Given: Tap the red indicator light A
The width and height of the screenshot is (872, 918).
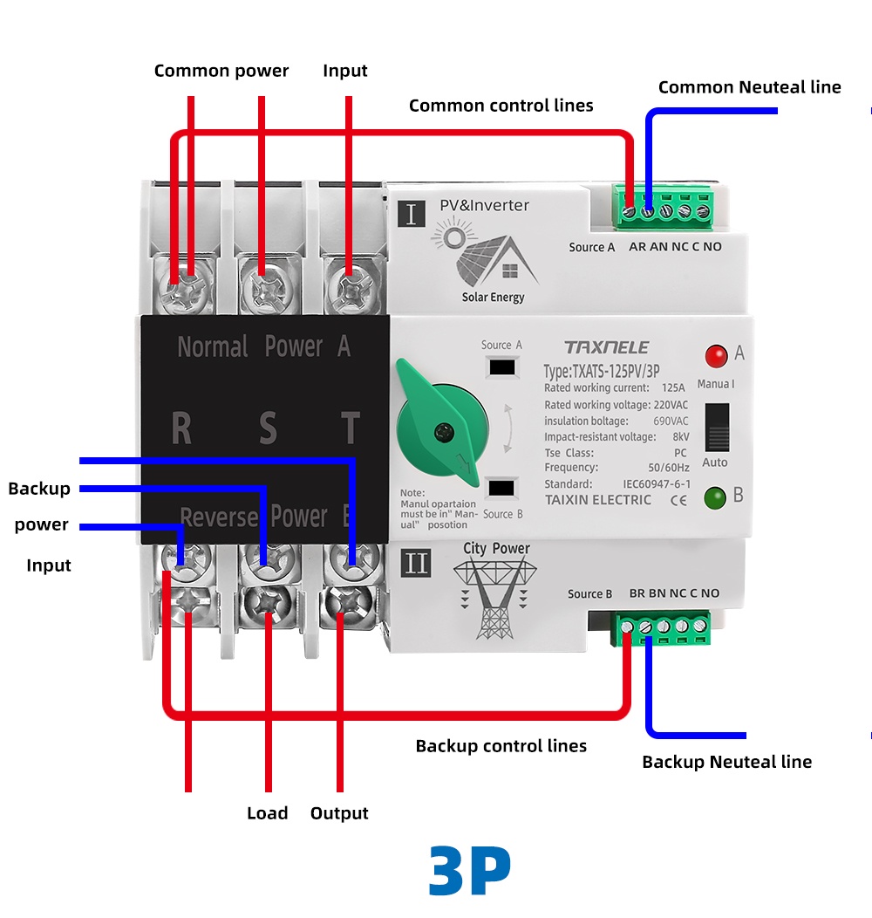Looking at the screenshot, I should [716, 356].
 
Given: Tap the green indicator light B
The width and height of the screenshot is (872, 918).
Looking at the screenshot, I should [715, 498].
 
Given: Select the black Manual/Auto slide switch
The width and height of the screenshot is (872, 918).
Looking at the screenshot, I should [716, 427].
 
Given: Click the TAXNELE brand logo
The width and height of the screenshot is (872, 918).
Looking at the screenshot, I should [606, 347].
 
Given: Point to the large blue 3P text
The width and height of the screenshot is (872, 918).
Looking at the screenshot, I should [469, 871].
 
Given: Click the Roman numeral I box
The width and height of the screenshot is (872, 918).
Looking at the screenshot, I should [411, 214].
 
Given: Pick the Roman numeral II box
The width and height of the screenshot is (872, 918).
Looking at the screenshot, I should [415, 564].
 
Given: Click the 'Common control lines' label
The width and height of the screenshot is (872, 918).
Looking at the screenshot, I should [501, 106].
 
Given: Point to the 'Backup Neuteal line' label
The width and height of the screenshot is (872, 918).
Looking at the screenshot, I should [726, 762].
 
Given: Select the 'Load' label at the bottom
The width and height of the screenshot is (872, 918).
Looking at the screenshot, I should [267, 813].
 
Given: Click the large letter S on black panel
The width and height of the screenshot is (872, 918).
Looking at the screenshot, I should [267, 429].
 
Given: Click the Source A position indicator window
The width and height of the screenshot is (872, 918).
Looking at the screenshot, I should [501, 367].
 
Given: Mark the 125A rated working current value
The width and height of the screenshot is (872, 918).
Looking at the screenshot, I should [674, 387].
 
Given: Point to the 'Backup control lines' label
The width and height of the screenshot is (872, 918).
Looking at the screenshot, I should [501, 746].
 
